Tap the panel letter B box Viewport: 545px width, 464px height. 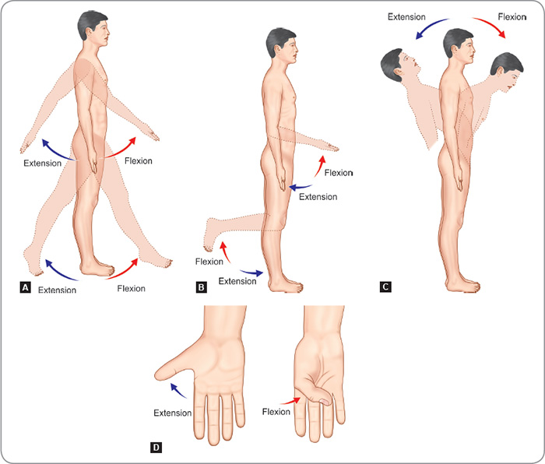coord(202,286)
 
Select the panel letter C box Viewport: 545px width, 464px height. coord(385,286)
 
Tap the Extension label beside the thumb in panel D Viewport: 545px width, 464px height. coord(172,413)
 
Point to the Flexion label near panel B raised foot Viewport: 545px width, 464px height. coord(209,261)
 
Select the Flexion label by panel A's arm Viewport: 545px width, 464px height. coord(138,161)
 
